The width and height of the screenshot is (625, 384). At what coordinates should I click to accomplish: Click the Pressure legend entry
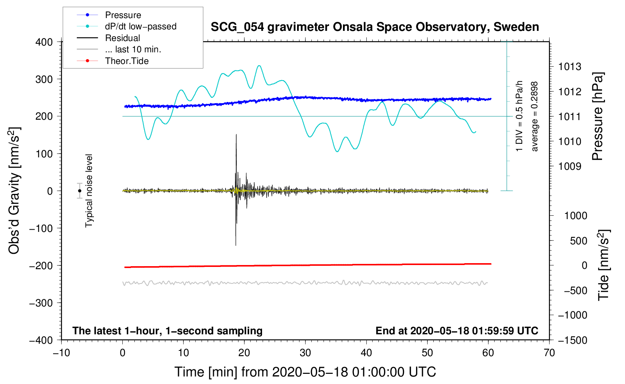tap(123, 15)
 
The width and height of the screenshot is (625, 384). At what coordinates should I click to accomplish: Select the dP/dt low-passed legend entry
tap(140, 26)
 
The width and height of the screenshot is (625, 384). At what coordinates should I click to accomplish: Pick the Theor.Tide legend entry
tap(127, 61)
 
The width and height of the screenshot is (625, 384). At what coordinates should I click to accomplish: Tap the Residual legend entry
tap(122, 38)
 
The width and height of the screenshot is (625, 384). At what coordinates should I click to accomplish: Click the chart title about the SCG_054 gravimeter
tap(375, 27)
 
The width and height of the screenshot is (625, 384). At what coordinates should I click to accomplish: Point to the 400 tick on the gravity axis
tap(44, 42)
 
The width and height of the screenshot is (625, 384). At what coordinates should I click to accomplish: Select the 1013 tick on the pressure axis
tap(570, 67)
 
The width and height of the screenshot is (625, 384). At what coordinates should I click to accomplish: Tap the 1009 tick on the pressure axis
tap(570, 166)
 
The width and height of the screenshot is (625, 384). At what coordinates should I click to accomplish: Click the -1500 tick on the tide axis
tap(572, 340)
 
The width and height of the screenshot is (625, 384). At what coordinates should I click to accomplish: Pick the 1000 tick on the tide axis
tap(576, 216)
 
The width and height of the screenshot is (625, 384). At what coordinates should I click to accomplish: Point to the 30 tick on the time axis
tap(305, 353)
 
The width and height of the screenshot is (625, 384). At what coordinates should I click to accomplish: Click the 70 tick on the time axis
tap(549, 353)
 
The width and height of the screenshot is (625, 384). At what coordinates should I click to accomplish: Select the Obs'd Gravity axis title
tap(14, 191)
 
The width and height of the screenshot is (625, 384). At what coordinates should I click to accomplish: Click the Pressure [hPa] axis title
tap(598, 116)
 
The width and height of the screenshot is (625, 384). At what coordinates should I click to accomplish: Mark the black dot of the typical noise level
tap(79, 191)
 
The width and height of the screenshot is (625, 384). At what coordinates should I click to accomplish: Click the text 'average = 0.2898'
tap(535, 116)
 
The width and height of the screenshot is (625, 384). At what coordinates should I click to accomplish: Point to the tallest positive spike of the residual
tap(236, 135)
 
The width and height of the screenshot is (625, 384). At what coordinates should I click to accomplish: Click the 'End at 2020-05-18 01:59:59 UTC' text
tap(457, 331)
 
